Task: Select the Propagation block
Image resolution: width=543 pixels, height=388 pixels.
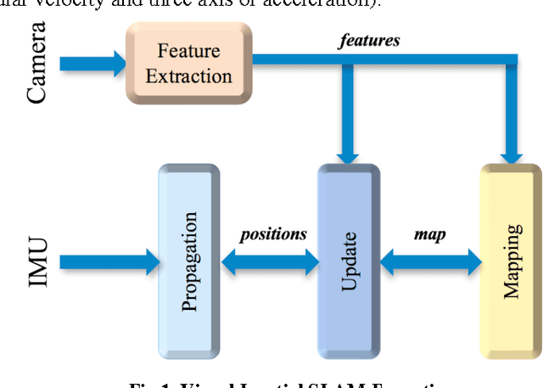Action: (188, 261)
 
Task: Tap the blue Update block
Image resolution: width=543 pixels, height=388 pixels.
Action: (348, 261)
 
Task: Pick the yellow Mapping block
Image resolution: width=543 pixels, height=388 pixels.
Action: (510, 261)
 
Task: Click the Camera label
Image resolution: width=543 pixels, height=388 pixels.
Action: (36, 64)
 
